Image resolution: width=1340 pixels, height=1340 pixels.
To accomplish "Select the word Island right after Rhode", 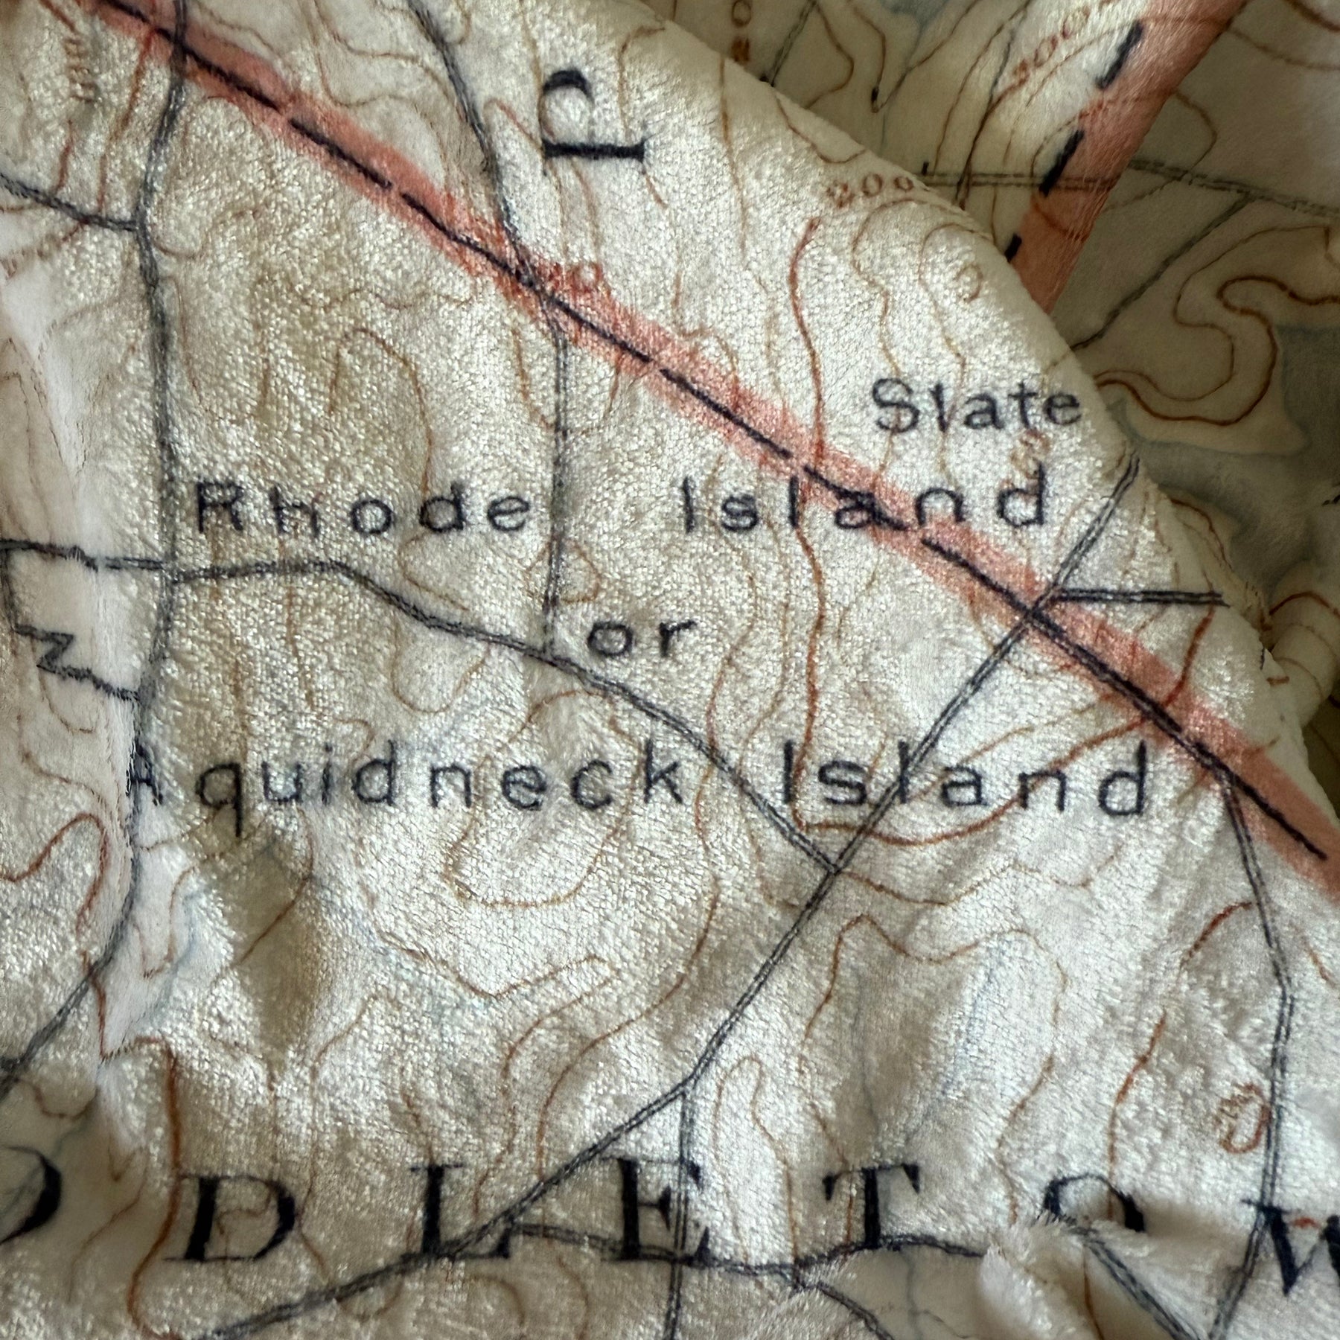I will tap(864, 503).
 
